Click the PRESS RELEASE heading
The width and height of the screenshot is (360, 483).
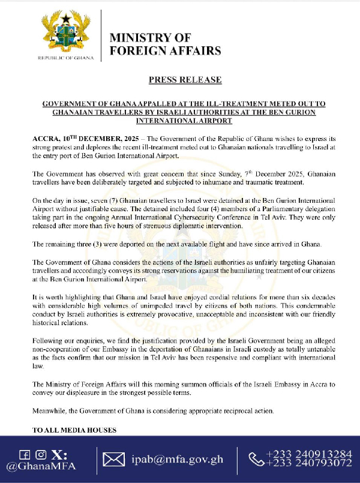click(x=185, y=79)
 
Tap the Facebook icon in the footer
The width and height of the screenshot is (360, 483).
click(x=25, y=454)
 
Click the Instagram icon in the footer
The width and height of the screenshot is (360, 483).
click(x=41, y=454)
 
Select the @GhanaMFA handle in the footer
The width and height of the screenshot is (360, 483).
click(x=41, y=467)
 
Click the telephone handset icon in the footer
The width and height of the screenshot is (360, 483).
click(x=256, y=460)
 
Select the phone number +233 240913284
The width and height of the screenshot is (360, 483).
click(x=309, y=454)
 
